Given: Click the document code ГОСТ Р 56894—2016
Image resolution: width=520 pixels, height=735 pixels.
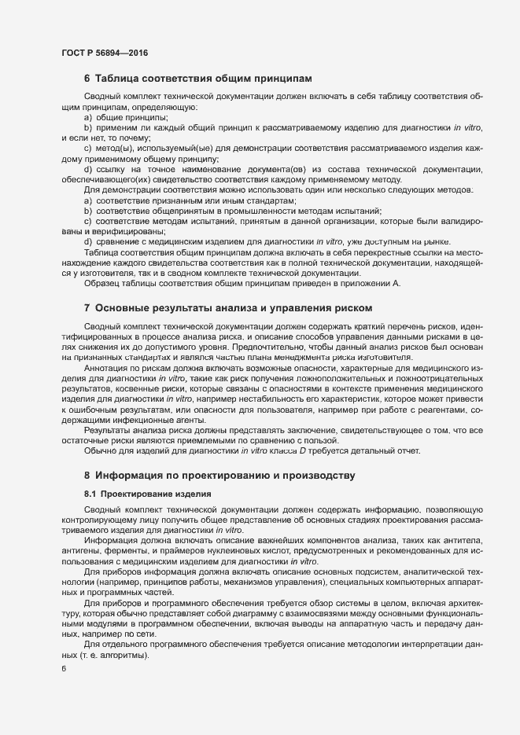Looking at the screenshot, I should click(104, 53).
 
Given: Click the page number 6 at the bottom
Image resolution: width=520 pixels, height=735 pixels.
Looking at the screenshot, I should click(64, 670).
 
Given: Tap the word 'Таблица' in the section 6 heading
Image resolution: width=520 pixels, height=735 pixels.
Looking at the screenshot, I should click(118, 79).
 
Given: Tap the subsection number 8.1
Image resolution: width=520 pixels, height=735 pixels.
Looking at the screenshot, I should click(90, 494).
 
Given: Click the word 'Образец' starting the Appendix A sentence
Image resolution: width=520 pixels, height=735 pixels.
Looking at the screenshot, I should click(100, 283).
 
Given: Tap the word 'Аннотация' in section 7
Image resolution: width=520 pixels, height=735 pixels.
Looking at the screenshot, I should click(105, 368).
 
